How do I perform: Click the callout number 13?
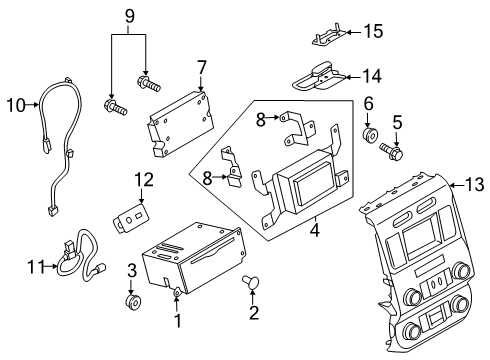click(474, 185)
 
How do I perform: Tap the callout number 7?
click(202, 68)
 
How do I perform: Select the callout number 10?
click(16, 105)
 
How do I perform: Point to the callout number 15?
click(373, 31)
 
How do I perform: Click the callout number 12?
click(144, 180)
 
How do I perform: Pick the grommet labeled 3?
click(134, 301)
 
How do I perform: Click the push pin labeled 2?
click(251, 282)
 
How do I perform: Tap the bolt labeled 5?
click(391, 151)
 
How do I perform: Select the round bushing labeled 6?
click(370, 134)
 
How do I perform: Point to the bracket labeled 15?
click(329, 35)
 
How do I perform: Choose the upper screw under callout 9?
click(149, 83)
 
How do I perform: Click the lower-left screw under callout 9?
click(115, 107)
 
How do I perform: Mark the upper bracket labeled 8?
click(298, 128)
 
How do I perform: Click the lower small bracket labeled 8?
click(232, 166)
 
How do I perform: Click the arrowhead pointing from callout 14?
click(348, 77)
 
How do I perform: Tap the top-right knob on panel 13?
click(462, 270)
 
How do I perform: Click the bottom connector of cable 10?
click(51, 211)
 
